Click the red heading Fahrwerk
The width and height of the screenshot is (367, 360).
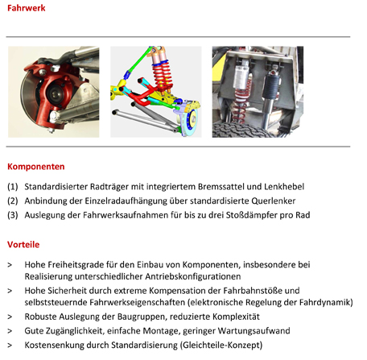tap(27, 8)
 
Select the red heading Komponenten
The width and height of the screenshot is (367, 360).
tap(36, 167)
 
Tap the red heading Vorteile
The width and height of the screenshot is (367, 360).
tap(23, 245)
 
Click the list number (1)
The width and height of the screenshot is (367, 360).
tap(13, 187)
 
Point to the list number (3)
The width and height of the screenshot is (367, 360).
tap(13, 215)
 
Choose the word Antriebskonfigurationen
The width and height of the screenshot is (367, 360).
tap(192, 276)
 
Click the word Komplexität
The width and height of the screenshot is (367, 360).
tap(236, 317)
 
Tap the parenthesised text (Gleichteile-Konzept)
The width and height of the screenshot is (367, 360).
tap(221, 345)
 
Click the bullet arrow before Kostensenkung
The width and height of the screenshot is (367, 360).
tap(10, 346)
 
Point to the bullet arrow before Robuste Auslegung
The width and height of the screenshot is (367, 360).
tap(10, 317)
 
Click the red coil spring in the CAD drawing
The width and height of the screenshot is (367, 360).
tap(162, 77)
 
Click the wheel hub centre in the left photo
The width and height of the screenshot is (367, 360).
tap(56, 93)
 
